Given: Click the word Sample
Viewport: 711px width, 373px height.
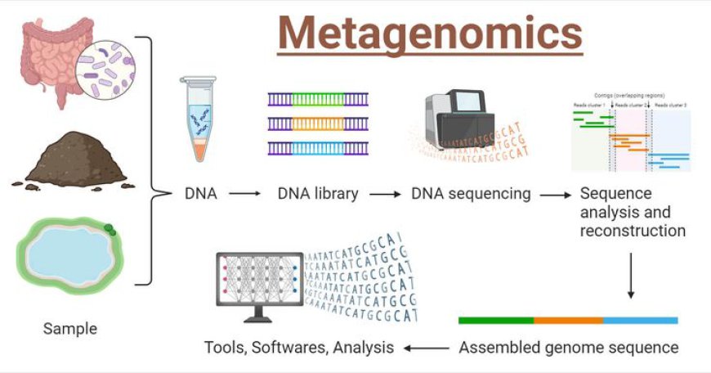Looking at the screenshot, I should click(x=69, y=329).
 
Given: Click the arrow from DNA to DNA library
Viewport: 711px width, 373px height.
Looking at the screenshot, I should click(x=244, y=195).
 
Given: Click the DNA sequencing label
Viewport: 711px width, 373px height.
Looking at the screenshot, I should click(x=471, y=195).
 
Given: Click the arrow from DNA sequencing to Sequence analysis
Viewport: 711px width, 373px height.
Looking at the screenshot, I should click(x=556, y=195).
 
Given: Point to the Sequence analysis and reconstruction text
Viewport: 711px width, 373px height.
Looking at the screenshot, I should click(x=632, y=212).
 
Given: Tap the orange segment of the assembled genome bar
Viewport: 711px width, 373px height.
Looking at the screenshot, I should click(x=568, y=320).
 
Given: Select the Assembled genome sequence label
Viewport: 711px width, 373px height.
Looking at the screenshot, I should click(x=568, y=348).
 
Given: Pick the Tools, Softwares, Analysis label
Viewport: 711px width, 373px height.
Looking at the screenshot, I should click(x=299, y=348).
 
